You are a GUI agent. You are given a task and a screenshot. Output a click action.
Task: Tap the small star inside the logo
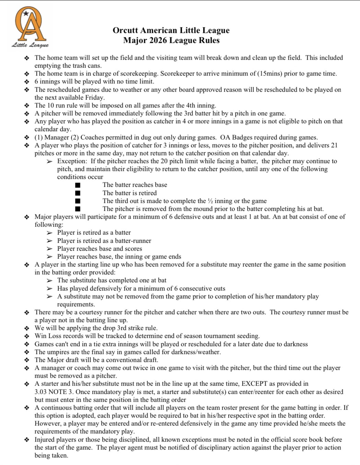point(26,13)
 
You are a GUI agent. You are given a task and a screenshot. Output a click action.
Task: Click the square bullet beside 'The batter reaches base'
point(78,185)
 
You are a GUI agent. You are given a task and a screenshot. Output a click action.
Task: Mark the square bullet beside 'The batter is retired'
point(78,193)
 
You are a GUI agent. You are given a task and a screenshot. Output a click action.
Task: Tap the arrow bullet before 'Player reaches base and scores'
point(50,249)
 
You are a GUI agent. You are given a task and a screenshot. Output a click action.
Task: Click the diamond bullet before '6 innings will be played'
point(27,82)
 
